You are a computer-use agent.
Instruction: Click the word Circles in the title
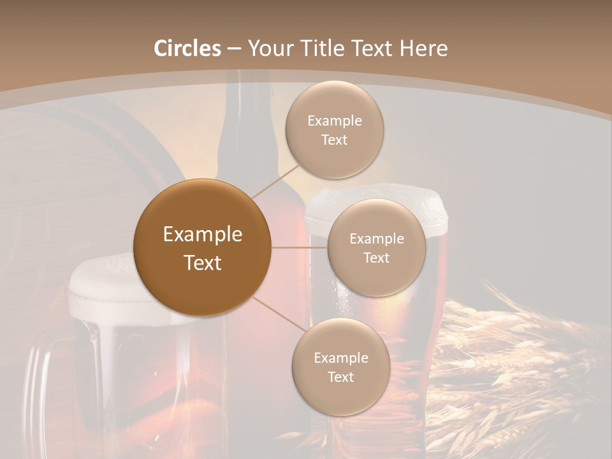pos(187,48)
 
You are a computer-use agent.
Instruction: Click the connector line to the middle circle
pos(300,247)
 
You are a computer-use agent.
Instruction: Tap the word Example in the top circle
pos(334,120)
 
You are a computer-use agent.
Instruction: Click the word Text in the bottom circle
pos(340,377)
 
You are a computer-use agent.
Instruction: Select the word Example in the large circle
pos(203,235)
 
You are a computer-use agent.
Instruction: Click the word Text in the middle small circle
pos(376,258)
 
